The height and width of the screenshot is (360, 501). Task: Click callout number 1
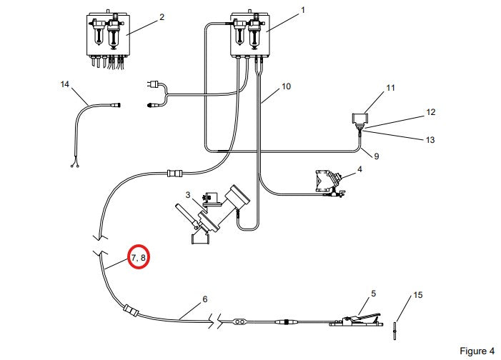pos(303,10)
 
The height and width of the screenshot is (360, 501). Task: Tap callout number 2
pos(162,17)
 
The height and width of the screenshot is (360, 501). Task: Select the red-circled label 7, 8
pos(139,257)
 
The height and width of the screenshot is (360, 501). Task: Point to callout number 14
pos(65,84)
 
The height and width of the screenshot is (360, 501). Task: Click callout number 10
pos(286,86)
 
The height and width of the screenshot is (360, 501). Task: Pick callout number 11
pos(390,88)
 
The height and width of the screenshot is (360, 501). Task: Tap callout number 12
pos(431,112)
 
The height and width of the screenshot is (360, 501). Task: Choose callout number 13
pos(430,139)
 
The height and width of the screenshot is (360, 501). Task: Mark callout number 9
pos(377,156)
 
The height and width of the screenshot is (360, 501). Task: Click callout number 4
pos(359,169)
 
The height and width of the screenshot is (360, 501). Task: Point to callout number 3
pos(188,195)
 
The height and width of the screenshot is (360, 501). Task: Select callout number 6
pos(205,299)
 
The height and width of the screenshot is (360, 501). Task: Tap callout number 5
pos(374,294)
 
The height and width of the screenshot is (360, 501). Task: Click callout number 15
pos(418,295)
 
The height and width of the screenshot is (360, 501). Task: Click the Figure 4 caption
pos(477,351)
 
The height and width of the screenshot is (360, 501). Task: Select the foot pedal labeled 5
pos(356,320)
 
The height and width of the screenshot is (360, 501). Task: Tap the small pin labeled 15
pos(395,331)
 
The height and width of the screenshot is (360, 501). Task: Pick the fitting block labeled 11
pos(359,119)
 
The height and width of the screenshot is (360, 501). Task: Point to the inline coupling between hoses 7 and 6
pos(131,311)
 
